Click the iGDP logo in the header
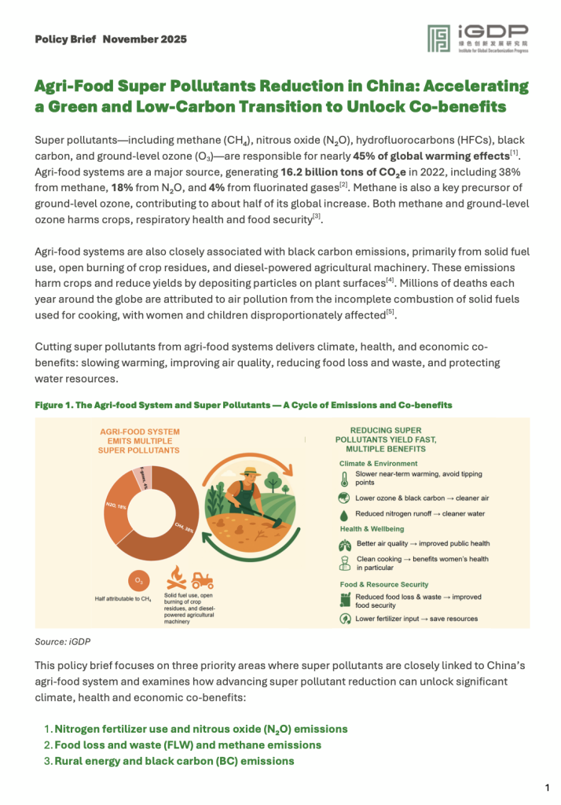[x=478, y=40]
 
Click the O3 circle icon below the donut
[x=139, y=580]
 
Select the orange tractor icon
[x=202, y=580]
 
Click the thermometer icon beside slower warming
[x=343, y=480]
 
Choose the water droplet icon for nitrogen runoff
[x=343, y=513]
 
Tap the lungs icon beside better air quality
[x=343, y=544]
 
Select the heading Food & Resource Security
[x=384, y=584]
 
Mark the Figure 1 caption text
[x=244, y=405]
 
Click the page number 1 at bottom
[x=547, y=787]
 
